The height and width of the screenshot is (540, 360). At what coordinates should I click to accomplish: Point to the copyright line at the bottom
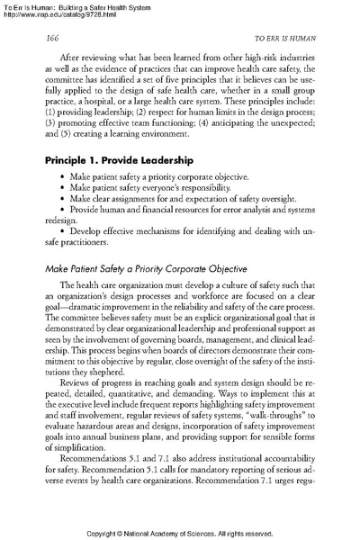click(x=180, y=530)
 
